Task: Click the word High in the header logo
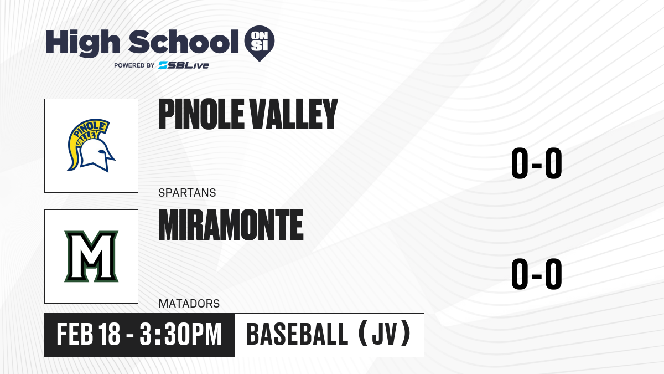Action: (82, 43)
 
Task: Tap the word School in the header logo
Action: (184, 42)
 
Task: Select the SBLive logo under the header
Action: (184, 65)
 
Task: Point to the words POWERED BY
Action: (134, 65)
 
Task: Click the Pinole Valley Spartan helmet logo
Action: (91, 145)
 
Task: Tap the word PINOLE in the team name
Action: (201, 114)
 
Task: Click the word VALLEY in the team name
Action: (293, 114)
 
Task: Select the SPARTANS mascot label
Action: (187, 193)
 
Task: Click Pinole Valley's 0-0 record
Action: (537, 163)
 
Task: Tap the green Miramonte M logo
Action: (91, 256)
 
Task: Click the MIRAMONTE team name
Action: (231, 225)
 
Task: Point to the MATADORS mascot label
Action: (189, 304)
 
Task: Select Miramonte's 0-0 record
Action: (537, 274)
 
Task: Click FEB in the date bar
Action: (75, 334)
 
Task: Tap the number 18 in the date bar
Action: (110, 334)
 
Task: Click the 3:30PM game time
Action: (180, 334)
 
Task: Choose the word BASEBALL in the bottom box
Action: (297, 334)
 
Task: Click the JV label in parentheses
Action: (384, 335)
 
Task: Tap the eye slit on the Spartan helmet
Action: (102, 152)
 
